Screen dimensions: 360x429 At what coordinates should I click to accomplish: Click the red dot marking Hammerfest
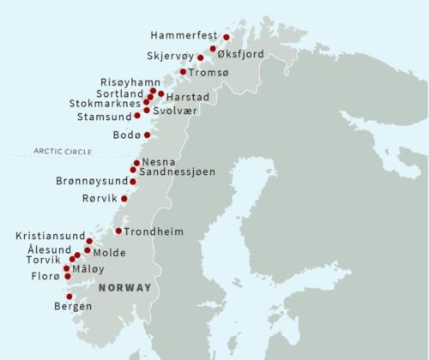coord(227,38)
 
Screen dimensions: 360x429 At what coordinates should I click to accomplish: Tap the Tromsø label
coord(210,72)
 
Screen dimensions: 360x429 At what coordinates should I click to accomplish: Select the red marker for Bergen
coord(69,297)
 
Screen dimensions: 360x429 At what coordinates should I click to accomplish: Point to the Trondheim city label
coord(153,231)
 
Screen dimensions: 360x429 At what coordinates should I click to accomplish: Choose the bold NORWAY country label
coord(124,287)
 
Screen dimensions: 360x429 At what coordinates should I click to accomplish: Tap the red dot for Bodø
coord(148,135)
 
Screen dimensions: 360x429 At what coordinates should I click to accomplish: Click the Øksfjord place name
coord(240,53)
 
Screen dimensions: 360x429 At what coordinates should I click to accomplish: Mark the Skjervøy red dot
coord(201,58)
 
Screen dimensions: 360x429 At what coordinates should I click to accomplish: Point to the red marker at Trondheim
coord(118,231)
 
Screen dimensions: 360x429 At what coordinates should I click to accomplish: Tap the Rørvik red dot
coord(124,199)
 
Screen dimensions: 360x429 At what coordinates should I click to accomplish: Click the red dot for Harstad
coord(161,93)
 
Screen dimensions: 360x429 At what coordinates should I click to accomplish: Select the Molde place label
coord(109,253)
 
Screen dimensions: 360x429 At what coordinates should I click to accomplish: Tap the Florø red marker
coord(66,277)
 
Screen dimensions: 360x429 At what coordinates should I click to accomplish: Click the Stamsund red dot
coord(137,115)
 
